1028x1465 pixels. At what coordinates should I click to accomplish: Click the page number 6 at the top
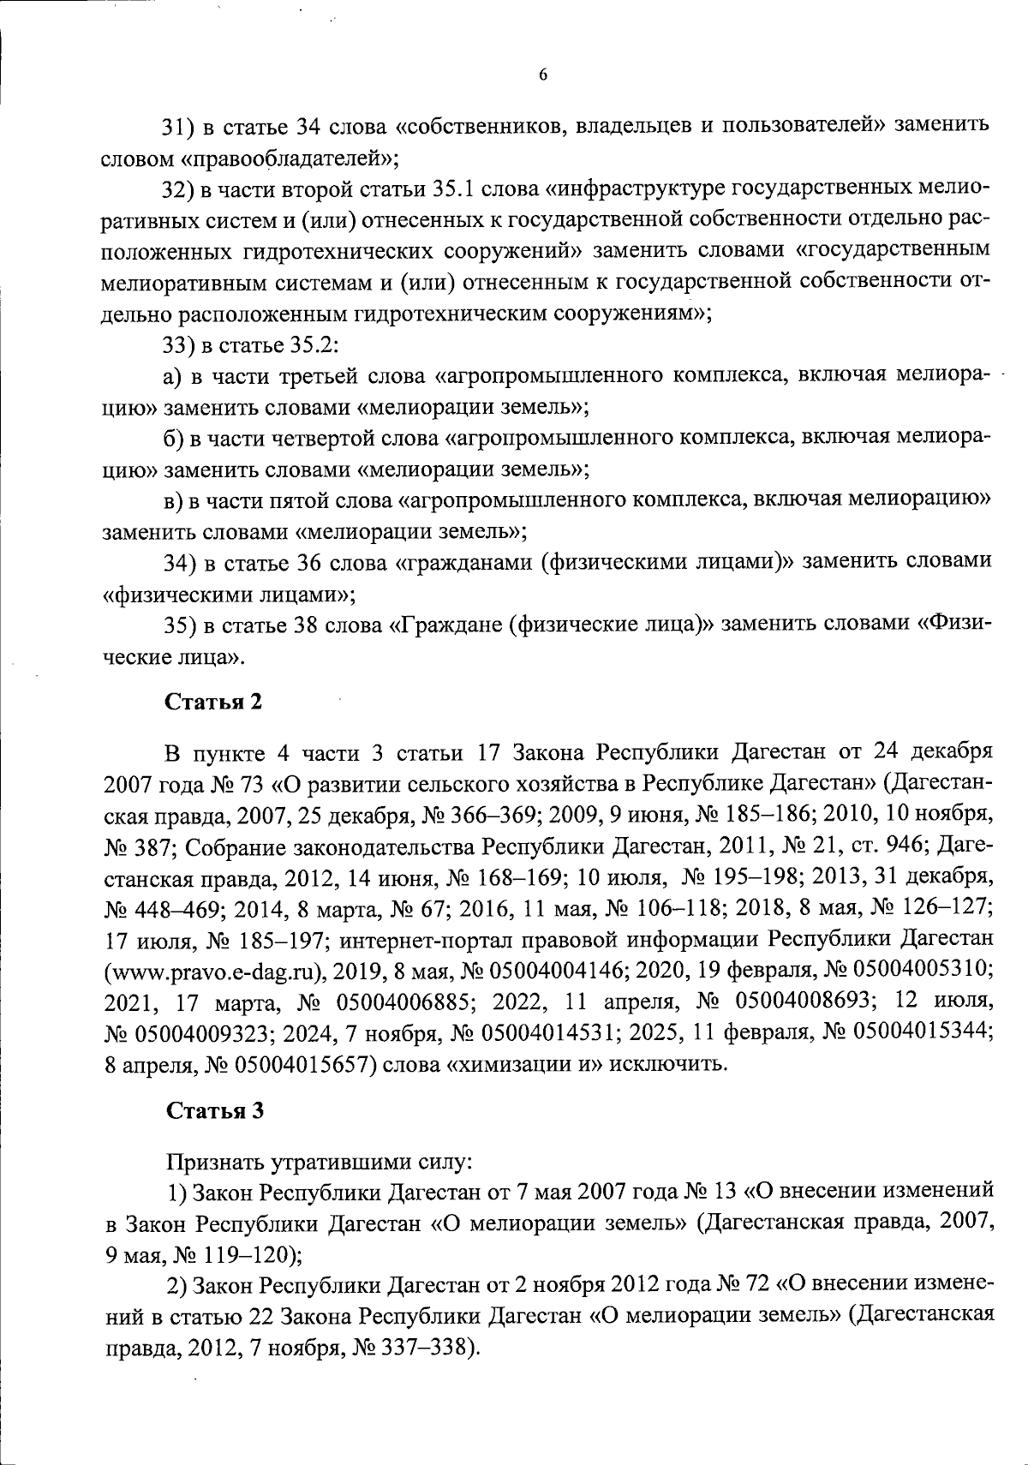click(x=543, y=75)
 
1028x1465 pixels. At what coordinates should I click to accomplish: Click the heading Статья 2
click(x=213, y=702)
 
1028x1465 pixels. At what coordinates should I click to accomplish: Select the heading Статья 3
click(x=213, y=1111)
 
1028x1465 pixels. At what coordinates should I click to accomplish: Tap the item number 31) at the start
click(x=181, y=127)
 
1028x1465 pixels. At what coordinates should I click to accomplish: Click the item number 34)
click(x=181, y=562)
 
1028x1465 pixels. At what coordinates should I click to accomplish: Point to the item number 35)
click(x=181, y=625)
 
